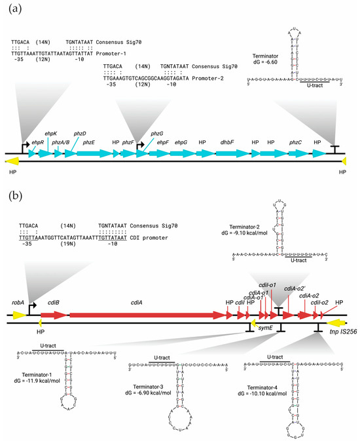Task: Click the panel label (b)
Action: point(12,195)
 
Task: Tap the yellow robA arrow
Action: point(18,315)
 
